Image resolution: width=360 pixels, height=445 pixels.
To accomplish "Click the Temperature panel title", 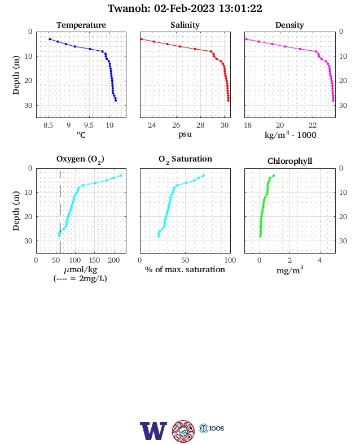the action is point(81,25).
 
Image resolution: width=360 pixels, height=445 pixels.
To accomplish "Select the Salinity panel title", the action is point(185,25).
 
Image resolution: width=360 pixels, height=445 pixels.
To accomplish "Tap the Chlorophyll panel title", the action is point(289,161).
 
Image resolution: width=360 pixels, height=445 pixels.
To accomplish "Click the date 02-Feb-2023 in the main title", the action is point(185,8).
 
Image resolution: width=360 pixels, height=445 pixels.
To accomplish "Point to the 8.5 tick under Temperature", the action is point(48,125).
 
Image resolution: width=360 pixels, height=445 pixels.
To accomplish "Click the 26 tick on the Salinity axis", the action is point(176,125).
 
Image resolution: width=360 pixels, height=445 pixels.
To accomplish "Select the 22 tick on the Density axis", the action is point(313,125).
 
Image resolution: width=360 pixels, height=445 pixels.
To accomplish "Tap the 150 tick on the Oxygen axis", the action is point(94,260).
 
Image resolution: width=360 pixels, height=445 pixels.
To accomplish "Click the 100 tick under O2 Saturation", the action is point(230,260).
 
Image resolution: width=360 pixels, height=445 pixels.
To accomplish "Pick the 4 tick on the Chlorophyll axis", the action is point(320,260).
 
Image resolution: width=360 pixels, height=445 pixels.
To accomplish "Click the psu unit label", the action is point(185,134).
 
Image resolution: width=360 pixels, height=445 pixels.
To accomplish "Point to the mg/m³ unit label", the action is point(289,270).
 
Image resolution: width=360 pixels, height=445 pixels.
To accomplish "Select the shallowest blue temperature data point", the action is point(50,39).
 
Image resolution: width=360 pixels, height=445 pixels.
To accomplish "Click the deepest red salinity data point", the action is point(229,101).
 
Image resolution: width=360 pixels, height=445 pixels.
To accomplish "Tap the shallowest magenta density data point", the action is point(247,39).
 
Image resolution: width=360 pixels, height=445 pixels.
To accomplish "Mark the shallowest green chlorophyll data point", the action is point(274,176).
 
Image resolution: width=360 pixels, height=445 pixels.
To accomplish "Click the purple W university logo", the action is point(153,431).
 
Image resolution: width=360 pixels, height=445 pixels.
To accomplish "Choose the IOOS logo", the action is point(212,428).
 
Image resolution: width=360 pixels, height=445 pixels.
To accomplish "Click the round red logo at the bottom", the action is point(183,431).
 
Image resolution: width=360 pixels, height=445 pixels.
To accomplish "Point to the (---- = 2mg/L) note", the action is point(80,278).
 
